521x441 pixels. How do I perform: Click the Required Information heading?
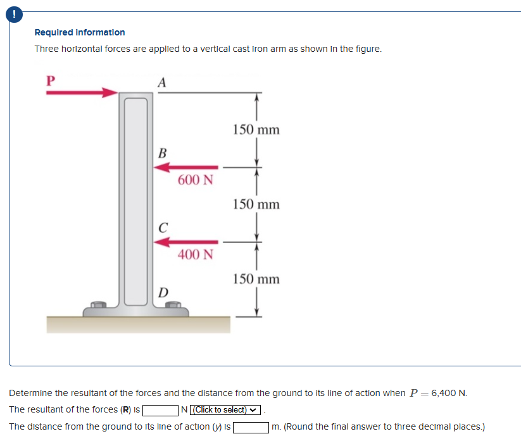(x=80, y=32)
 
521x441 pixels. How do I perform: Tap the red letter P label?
(x=51, y=80)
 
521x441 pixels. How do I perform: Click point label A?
(x=162, y=82)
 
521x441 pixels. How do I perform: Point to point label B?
(x=163, y=153)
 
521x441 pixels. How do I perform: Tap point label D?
(x=163, y=293)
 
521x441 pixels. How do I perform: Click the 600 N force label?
(x=196, y=180)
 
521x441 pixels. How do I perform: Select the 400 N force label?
(x=196, y=254)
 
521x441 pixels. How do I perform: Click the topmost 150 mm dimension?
(x=256, y=130)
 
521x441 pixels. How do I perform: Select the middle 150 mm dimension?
(x=256, y=204)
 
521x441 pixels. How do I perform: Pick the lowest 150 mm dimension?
(x=256, y=279)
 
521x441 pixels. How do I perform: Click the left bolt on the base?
(x=98, y=306)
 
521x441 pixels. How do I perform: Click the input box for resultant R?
(x=161, y=410)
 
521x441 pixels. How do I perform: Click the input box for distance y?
(x=251, y=427)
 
